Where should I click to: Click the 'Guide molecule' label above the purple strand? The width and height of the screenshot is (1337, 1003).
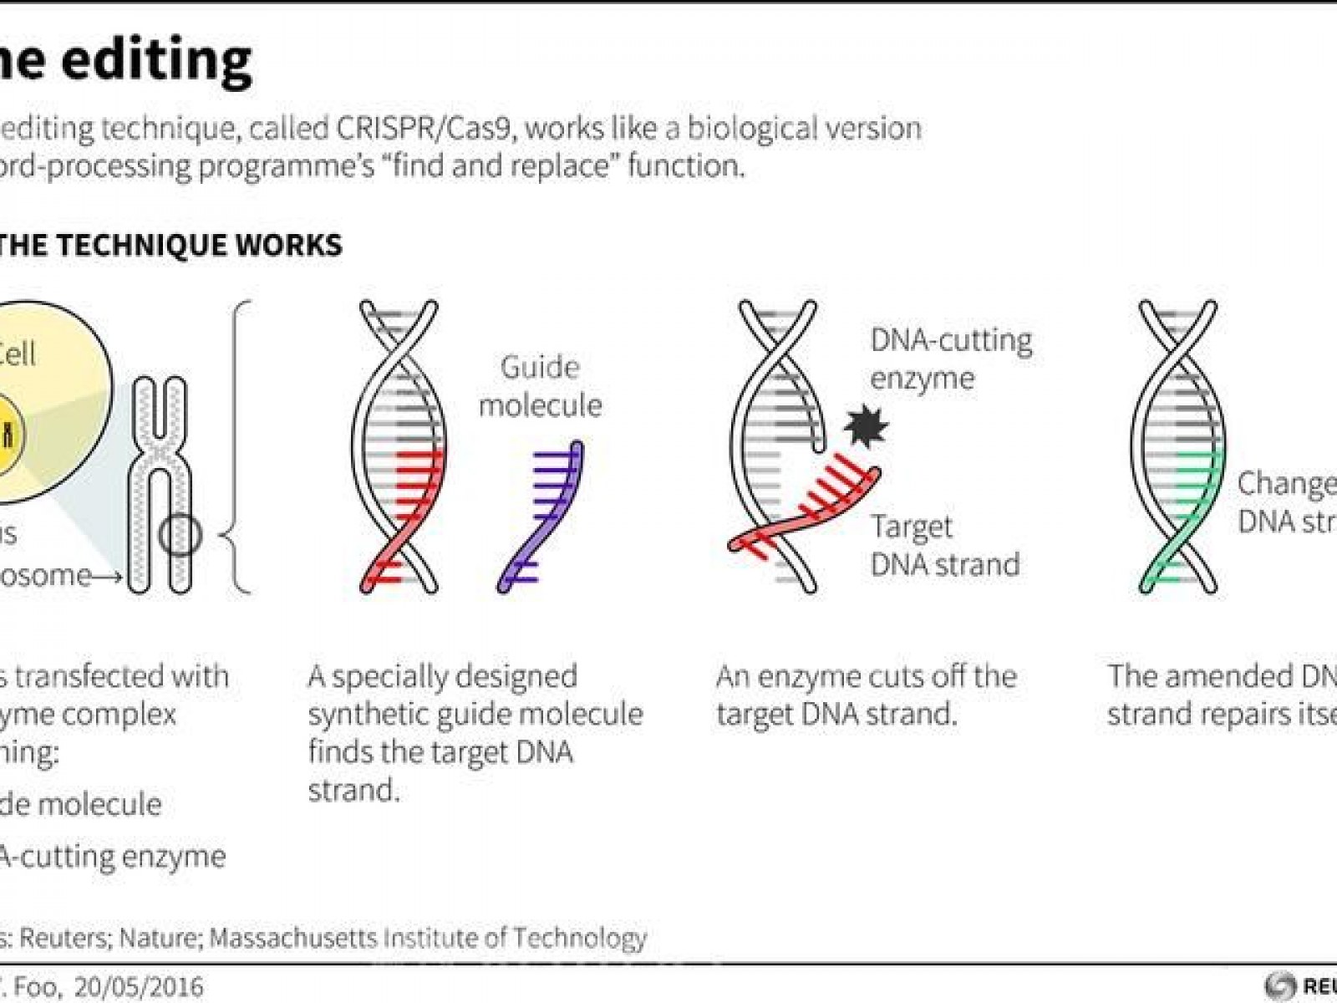pyautogui.click(x=540, y=386)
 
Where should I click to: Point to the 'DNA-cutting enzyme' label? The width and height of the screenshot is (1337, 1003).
pyautogui.click(x=951, y=359)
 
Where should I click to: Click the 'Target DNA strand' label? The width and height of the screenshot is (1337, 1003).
pyautogui.click(x=944, y=546)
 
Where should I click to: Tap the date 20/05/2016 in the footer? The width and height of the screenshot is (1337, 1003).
pyautogui.click(x=139, y=986)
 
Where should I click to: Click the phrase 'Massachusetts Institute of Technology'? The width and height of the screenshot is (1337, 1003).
pyautogui.click(x=428, y=938)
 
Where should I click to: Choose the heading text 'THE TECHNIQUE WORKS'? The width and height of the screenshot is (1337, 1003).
pyautogui.click(x=171, y=245)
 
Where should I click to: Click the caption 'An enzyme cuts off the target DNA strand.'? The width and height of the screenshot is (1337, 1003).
pyautogui.click(x=866, y=695)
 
